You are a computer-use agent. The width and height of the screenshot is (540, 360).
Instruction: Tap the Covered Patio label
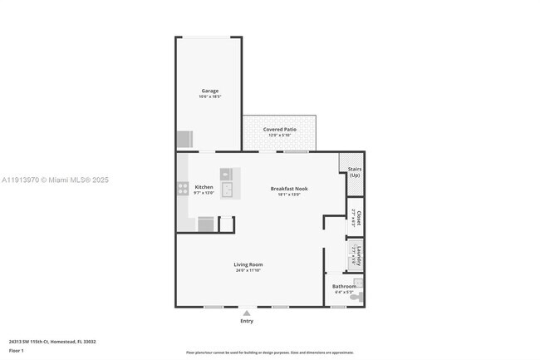coord(280,130)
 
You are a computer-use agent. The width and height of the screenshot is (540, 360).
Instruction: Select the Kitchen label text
coord(204,187)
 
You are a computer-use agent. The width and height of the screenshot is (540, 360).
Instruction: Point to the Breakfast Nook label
coord(289,189)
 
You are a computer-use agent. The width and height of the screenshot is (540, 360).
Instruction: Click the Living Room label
coord(248,264)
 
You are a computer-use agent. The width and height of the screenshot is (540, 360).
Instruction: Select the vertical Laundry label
coord(358,255)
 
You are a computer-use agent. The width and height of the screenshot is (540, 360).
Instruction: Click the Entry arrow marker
coord(247,313)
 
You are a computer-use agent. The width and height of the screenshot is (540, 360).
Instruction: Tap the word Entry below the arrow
coord(247,321)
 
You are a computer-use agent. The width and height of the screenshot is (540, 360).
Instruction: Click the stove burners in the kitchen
coord(183,188)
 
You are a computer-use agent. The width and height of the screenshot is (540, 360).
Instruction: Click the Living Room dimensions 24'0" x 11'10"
coord(248,270)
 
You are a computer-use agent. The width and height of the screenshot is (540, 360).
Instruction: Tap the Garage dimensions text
coord(209,96)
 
